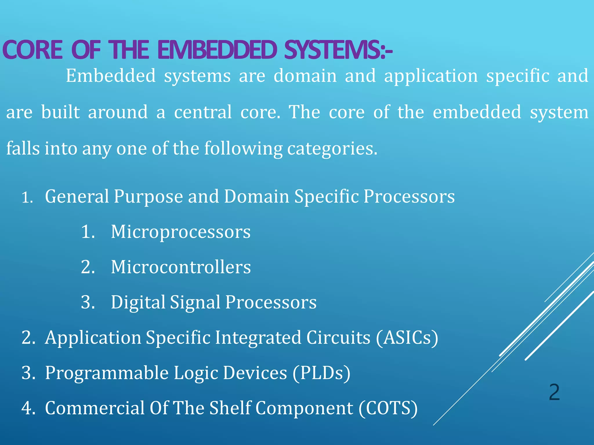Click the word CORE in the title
pos(32,50)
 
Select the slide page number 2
pos(554,392)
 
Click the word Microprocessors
pos(181,232)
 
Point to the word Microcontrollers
pos(181,267)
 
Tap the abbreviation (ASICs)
pos(407,338)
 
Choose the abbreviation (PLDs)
pos(321,373)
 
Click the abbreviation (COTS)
pos(388,408)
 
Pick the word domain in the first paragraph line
pos(305,76)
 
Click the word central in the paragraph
pos(203,112)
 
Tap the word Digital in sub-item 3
pos(138,302)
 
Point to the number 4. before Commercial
pos(28,408)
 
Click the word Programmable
pos(106,373)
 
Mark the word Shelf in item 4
pos(230,408)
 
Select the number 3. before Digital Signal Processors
pos(88,302)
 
